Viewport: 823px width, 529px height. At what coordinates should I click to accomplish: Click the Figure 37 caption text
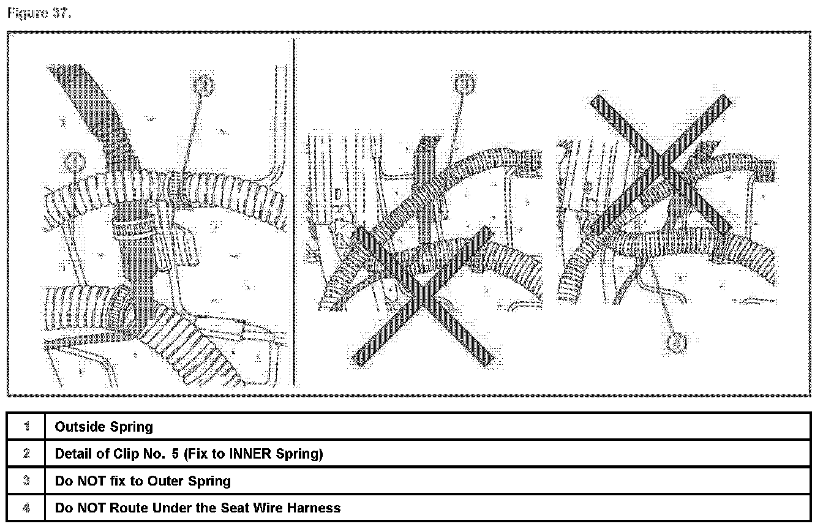pyautogui.click(x=39, y=14)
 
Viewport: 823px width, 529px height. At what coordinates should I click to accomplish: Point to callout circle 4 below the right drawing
pyautogui.click(x=676, y=343)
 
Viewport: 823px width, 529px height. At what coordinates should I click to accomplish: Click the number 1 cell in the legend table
pyautogui.click(x=26, y=427)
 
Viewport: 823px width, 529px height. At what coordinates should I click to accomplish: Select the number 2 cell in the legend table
pyautogui.click(x=26, y=454)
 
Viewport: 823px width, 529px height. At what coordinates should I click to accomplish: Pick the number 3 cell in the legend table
pyautogui.click(x=26, y=481)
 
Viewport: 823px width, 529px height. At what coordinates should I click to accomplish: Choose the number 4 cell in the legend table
pyautogui.click(x=26, y=508)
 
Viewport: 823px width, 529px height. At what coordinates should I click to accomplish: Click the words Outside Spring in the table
pyautogui.click(x=103, y=427)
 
